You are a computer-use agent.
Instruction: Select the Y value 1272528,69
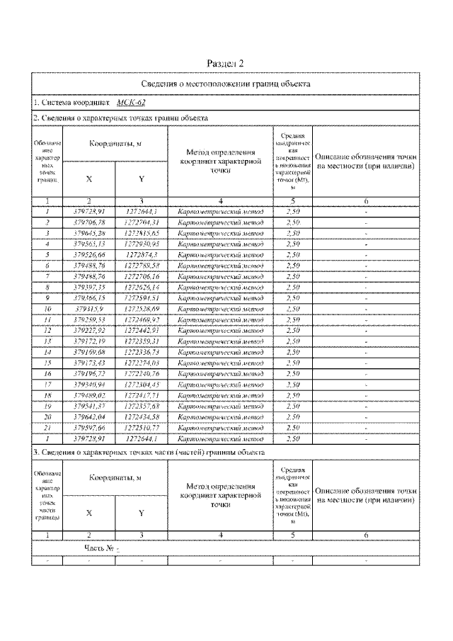(142, 308)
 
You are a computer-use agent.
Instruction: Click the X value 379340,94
(89, 384)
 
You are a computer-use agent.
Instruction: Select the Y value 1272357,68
(142, 406)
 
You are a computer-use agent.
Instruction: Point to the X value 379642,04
(89, 416)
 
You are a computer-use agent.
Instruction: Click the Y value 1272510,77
(142, 427)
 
